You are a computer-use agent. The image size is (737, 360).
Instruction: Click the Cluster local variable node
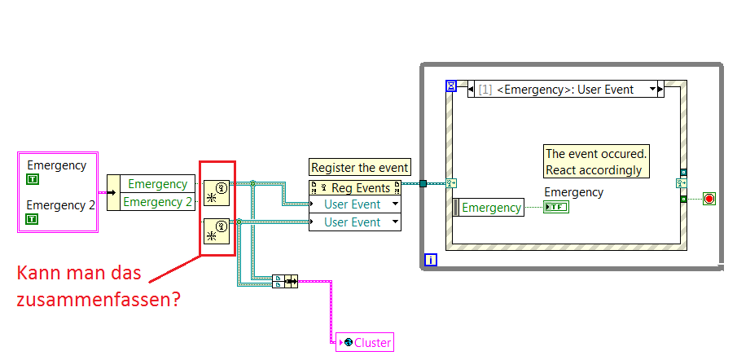click(364, 343)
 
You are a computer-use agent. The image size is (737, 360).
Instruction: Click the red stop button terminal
click(708, 199)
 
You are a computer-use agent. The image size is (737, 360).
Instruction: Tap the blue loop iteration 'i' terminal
click(432, 261)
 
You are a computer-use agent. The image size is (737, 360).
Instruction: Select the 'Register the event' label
click(360, 168)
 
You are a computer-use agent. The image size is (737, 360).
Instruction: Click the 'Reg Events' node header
click(355, 188)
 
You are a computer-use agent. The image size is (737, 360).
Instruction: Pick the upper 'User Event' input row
click(355, 204)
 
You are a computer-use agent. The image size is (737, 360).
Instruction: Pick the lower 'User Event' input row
click(355, 222)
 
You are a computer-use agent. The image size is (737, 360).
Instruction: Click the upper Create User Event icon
click(217, 193)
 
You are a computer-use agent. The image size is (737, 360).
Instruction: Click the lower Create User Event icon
click(217, 231)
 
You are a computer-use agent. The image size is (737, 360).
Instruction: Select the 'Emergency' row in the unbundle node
click(157, 184)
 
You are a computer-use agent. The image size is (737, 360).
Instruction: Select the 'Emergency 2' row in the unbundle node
click(157, 201)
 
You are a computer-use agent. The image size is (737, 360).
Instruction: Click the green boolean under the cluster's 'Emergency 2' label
click(32, 219)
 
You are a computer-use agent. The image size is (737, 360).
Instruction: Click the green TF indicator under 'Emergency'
click(557, 207)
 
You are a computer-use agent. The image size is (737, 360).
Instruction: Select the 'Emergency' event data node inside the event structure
click(489, 208)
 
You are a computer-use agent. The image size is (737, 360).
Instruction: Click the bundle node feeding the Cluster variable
click(285, 281)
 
